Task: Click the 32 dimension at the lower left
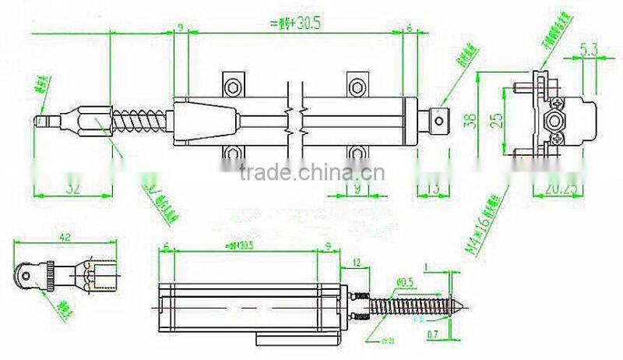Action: tap(74, 187)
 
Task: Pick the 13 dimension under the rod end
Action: tap(433, 187)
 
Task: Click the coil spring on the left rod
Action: tap(140, 122)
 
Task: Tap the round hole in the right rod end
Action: tap(439, 121)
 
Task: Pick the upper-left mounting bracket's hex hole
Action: tap(232, 82)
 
